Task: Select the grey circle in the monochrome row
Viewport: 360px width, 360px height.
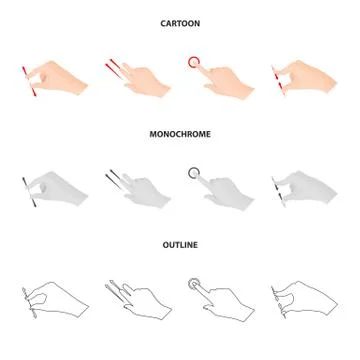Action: (194, 172)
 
